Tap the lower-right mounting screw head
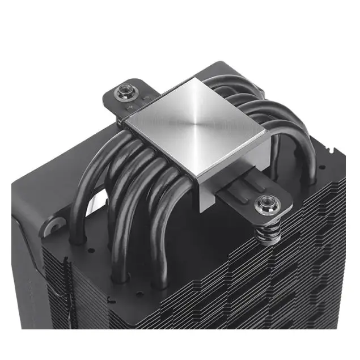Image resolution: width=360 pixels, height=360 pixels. click(265, 202)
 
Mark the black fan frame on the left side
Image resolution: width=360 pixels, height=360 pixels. click(34, 198)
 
